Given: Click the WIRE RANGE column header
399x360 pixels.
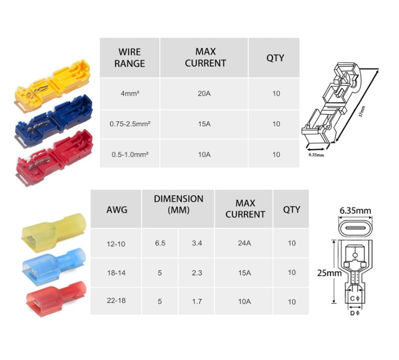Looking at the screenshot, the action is click(x=129, y=57).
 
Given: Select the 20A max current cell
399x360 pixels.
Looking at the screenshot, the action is click(x=204, y=94).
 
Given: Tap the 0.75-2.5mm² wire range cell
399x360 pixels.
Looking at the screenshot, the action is click(x=130, y=124).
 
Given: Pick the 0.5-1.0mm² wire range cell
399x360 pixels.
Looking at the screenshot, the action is click(x=130, y=154).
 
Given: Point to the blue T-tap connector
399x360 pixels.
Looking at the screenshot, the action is click(x=54, y=120).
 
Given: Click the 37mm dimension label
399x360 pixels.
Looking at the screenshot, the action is click(x=362, y=111).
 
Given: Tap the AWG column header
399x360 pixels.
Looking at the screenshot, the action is click(x=117, y=210).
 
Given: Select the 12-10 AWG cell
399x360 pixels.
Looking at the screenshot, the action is click(x=116, y=244).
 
